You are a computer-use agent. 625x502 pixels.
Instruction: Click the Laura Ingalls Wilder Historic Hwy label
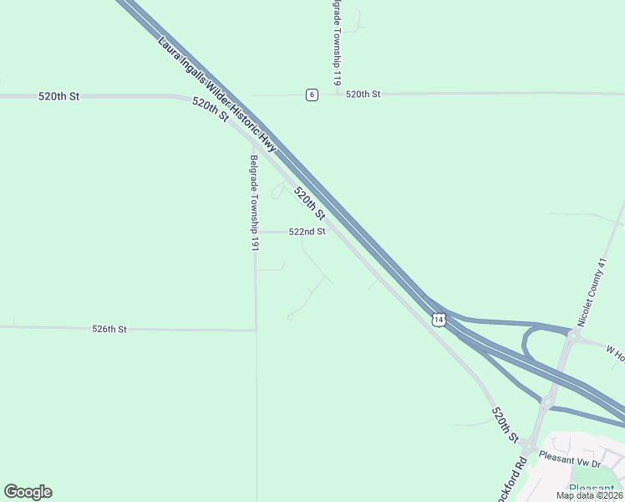coord(216,94)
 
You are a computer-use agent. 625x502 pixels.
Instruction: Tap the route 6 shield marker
coord(312,95)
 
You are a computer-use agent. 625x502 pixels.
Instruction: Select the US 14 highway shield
coord(439,319)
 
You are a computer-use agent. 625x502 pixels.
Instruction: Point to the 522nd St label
coord(307,232)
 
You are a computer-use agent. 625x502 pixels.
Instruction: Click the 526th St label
coord(109,330)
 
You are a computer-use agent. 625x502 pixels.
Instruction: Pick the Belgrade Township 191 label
coord(255,202)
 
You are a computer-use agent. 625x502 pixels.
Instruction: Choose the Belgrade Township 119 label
coord(336,42)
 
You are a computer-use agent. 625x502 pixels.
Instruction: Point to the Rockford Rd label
coord(520,474)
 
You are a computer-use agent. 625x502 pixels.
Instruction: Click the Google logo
coord(28,492)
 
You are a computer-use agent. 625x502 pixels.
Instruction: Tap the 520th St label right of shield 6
coord(363,95)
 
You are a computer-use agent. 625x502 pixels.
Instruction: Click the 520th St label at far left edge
coord(58,97)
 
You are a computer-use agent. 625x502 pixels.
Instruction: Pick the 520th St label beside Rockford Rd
coord(505,425)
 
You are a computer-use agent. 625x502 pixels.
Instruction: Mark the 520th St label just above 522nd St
coord(309,203)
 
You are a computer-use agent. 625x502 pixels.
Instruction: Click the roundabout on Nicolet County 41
coord(573,335)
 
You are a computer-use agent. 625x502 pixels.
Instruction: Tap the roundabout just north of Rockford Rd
coord(546,402)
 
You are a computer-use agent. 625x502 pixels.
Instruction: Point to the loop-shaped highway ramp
coord(528,343)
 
